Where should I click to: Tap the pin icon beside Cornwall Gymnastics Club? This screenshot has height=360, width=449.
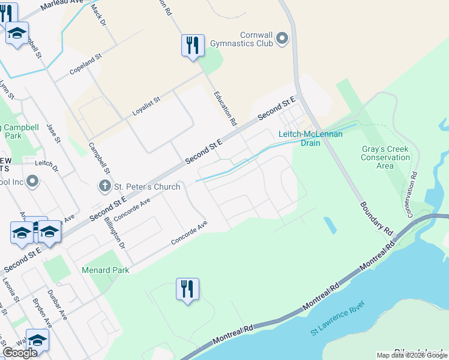tap(283, 39)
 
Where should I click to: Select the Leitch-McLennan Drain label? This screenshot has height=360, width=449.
tap(310, 138)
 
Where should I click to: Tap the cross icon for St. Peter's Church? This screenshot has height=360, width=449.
tap(105, 187)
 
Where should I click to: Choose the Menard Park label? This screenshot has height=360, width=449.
tap(106, 271)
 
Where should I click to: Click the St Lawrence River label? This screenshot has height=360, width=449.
tap(338, 327)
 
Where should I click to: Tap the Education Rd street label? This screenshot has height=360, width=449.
tap(226, 109)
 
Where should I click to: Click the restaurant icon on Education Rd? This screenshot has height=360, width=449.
tap(192, 46)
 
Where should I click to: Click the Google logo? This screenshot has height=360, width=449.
tap(20, 353)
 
